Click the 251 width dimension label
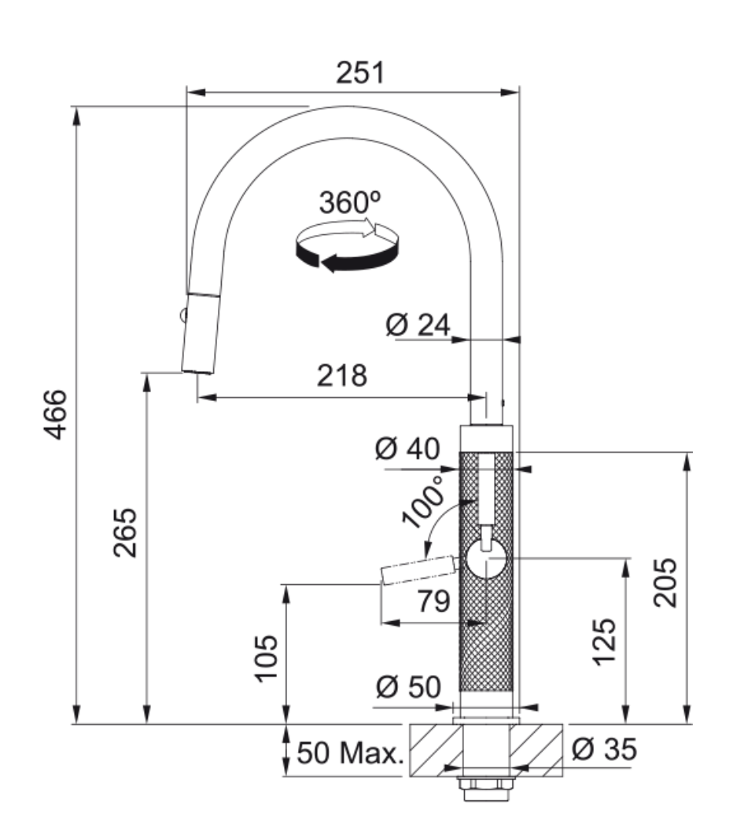click(x=361, y=73)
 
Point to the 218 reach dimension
click(x=341, y=376)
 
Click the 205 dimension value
click(x=666, y=582)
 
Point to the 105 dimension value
click(x=267, y=659)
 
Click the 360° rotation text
click(x=349, y=202)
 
